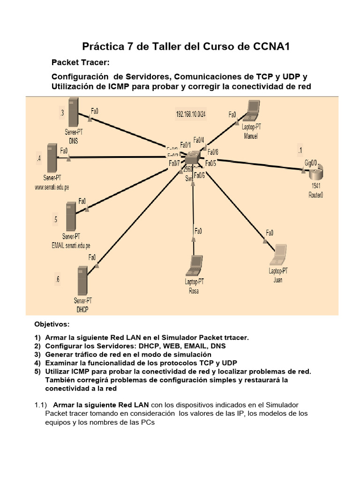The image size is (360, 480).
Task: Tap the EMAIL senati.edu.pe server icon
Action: click(x=71, y=216)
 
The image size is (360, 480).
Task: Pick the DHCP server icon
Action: click(x=82, y=281)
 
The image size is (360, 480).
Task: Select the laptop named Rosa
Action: click(x=195, y=266)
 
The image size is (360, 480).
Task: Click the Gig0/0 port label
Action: click(x=311, y=162)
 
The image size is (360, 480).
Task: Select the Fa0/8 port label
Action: click(x=212, y=152)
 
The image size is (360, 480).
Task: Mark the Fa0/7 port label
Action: click(x=174, y=163)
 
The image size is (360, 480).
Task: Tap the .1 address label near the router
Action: click(x=300, y=150)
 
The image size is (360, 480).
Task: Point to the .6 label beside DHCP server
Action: click(x=57, y=280)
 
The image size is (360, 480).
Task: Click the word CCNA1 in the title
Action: click(x=273, y=46)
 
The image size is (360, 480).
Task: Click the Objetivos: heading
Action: click(x=52, y=324)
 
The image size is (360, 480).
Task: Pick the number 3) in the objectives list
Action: click(x=37, y=354)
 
